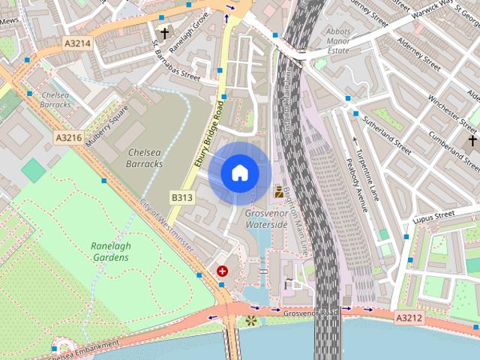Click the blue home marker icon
[x=239, y=172]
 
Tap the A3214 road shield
[x=77, y=43]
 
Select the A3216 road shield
[x=68, y=138]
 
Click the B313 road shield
[x=182, y=198]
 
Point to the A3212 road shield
[x=409, y=318]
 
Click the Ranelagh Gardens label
[x=109, y=251]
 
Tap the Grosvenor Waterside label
[x=266, y=218]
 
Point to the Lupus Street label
[x=434, y=216]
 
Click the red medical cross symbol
[x=222, y=271]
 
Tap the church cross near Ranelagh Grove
[x=164, y=33]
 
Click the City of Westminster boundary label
[x=167, y=227]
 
